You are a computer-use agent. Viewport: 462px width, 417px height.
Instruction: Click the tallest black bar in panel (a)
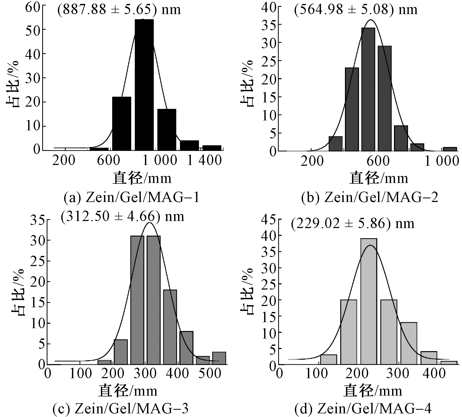pos(144,85)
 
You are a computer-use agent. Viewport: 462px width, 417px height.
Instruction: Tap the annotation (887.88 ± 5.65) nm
pos(119,10)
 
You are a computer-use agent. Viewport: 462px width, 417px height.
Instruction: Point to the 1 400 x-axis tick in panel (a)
pos(204,160)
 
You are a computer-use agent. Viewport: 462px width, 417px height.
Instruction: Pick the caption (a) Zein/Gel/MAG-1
pos(132,198)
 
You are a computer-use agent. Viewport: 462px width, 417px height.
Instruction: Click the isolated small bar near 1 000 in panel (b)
pos(450,149)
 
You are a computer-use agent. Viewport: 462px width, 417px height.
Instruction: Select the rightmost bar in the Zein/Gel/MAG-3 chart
pos(219,358)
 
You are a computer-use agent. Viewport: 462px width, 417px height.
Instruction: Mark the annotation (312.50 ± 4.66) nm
pos(123,217)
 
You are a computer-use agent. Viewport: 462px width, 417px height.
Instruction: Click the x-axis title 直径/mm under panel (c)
pos(128,391)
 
